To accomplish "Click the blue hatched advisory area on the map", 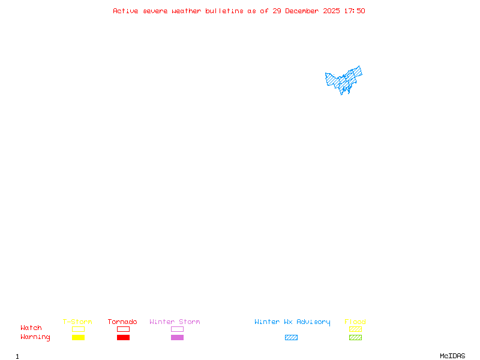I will tap(344, 80).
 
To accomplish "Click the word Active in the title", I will tap(125, 11).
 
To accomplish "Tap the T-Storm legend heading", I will tap(77, 322).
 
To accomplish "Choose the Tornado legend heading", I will tap(122, 322).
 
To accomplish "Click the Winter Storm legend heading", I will tap(175, 322).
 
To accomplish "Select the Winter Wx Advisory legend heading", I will tap(292, 322).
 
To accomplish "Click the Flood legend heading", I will tap(355, 322).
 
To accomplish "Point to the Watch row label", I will tap(31, 328).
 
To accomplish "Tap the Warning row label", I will tap(35, 337).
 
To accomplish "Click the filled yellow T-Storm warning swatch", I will tap(78, 338).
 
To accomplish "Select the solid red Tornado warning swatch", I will tap(123, 338).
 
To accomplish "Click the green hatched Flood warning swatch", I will tap(355, 338).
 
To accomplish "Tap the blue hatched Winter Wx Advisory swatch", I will tap(291, 338).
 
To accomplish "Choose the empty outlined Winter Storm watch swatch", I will tap(177, 329).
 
